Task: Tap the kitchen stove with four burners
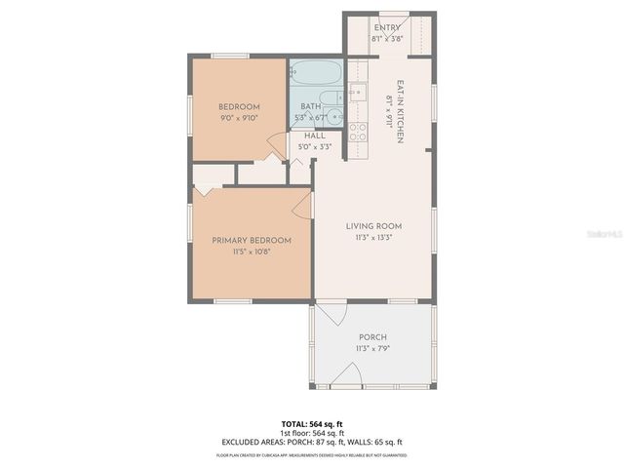click(x=358, y=131)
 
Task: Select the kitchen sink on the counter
click(x=358, y=94)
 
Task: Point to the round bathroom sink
click(x=333, y=117)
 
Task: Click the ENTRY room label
click(x=386, y=28)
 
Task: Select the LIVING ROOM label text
click(x=373, y=225)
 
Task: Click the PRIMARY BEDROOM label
click(x=252, y=240)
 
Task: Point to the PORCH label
click(x=373, y=337)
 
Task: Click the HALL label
click(x=314, y=136)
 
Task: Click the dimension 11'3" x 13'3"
click(x=373, y=237)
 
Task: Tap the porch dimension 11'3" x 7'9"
click(x=373, y=349)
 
